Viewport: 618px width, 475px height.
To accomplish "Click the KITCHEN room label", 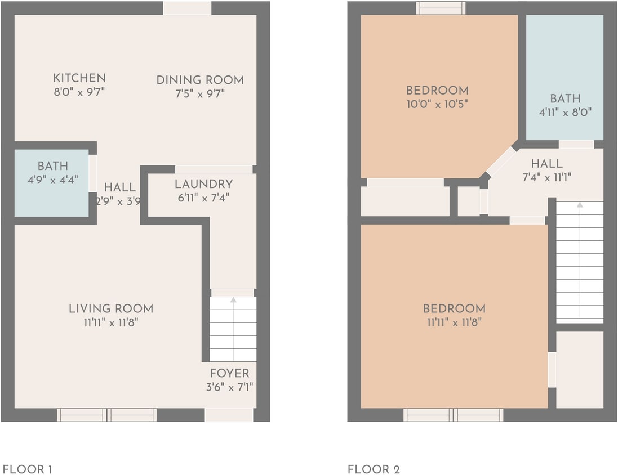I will point(79,78).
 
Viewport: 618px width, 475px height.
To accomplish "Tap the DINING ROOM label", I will point(200,80).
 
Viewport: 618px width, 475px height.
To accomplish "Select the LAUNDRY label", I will point(203,184).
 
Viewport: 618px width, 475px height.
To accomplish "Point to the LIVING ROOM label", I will point(111,308).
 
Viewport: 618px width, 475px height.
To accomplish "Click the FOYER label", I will point(229,373).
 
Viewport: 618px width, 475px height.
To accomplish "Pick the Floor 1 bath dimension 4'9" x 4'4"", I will point(52,180).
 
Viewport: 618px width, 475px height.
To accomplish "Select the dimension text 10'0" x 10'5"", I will point(437,104).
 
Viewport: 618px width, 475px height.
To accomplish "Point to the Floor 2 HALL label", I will point(546,164).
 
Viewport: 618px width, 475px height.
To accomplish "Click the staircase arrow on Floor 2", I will point(580,205).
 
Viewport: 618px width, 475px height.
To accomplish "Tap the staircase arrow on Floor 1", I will point(233,301).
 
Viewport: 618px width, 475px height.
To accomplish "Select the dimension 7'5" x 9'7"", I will point(200,93).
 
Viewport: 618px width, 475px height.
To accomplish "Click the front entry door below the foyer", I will point(229,415).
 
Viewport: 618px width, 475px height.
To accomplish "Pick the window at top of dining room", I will point(187,8).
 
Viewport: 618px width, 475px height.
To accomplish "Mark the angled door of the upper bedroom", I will point(500,162).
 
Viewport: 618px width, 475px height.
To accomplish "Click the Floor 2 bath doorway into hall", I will point(576,145).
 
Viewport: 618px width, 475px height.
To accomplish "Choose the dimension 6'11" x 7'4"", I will point(203,198).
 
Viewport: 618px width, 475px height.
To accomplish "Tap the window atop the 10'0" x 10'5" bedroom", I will point(441,8).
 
